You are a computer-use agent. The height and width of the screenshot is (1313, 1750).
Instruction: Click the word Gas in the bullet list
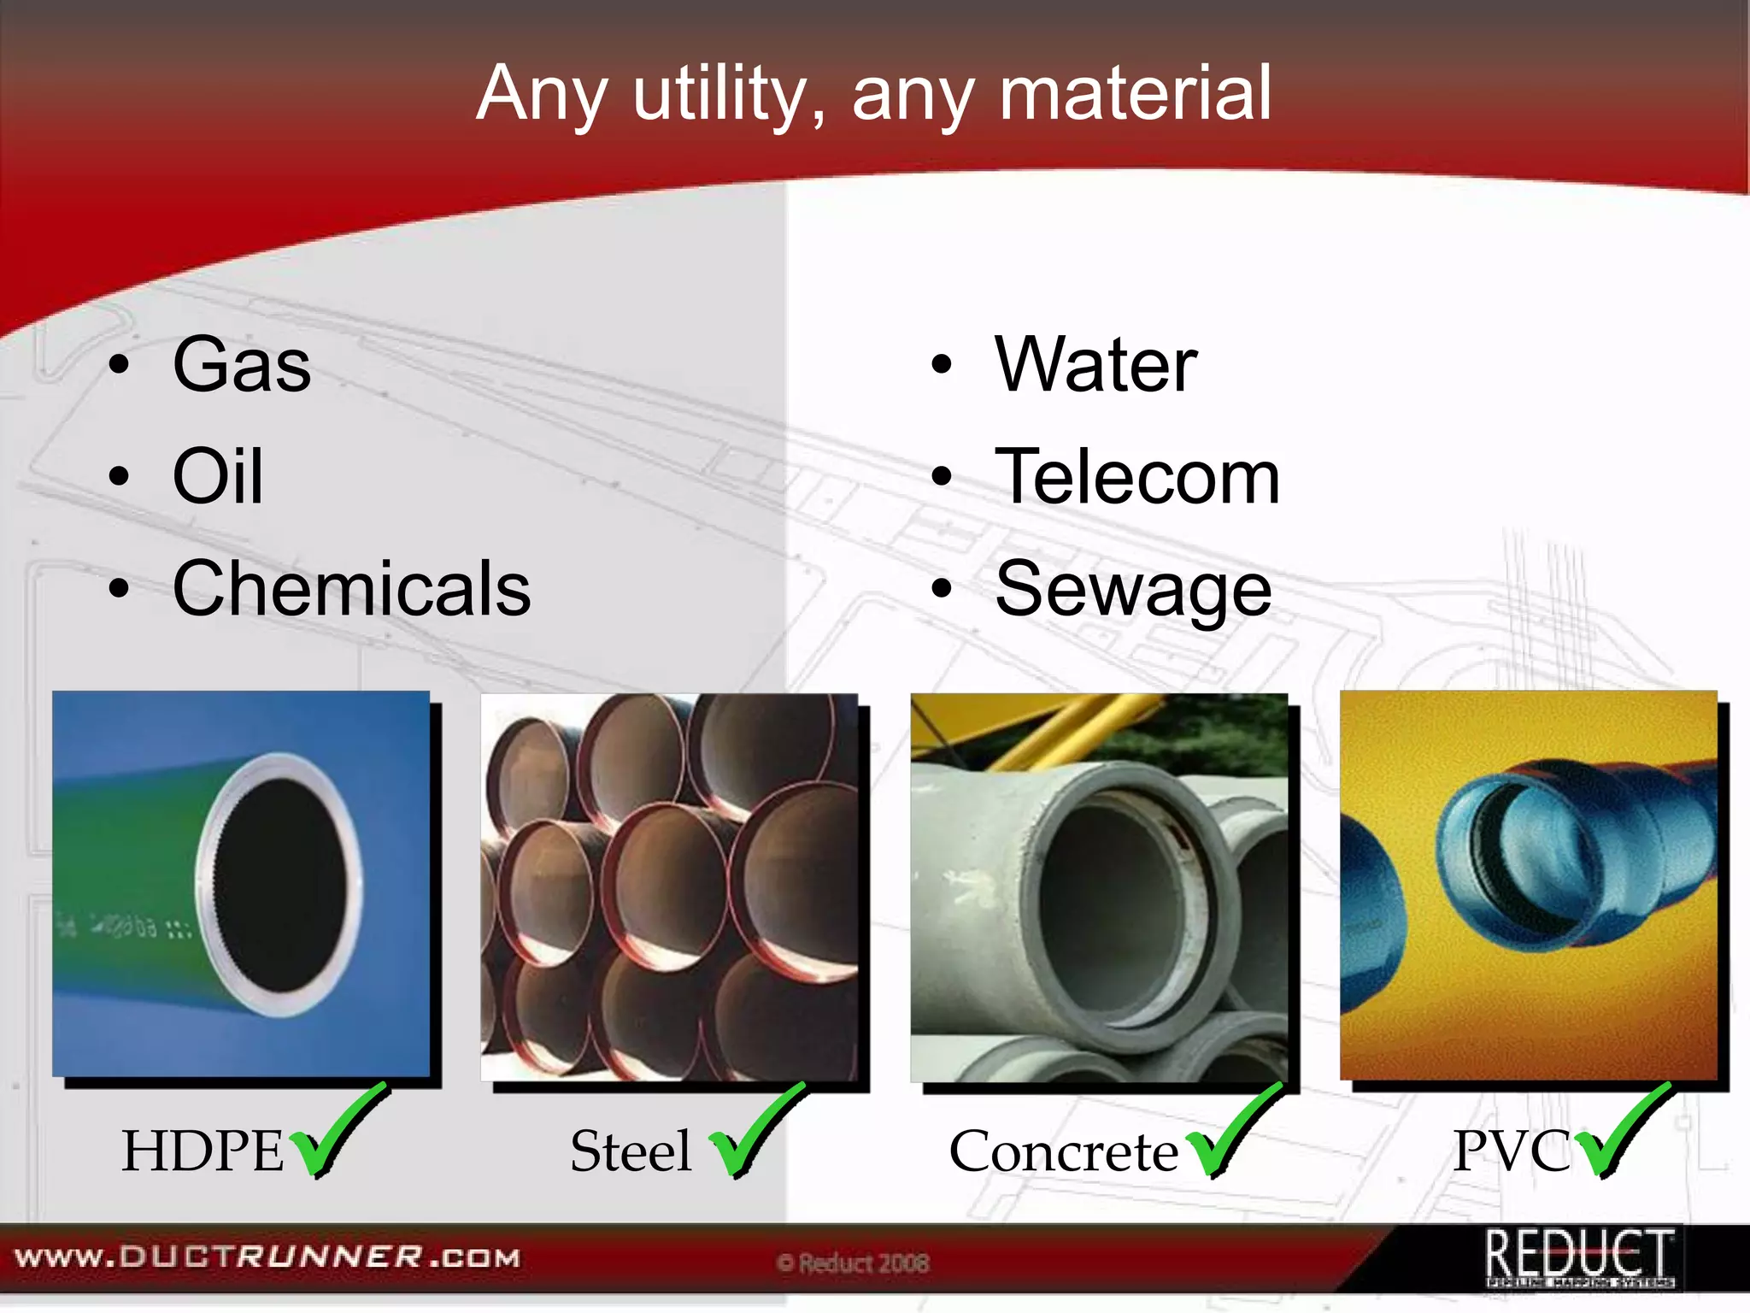click(x=242, y=366)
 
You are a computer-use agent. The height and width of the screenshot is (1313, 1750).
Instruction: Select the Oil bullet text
click(x=218, y=477)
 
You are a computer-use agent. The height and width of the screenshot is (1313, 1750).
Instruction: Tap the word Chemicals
click(x=351, y=589)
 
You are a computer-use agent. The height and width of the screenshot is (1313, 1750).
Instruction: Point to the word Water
click(x=1095, y=366)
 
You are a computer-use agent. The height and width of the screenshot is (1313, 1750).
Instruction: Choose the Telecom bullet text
click(x=1136, y=477)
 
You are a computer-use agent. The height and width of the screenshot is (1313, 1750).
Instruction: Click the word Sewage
click(x=1133, y=589)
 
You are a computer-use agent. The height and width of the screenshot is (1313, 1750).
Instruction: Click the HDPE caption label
click(x=203, y=1151)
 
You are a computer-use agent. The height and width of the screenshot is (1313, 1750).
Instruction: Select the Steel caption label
click(x=631, y=1151)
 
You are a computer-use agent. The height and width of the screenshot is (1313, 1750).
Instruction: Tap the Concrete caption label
click(x=1064, y=1151)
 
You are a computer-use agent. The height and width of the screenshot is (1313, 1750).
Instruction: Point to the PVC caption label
click(x=1512, y=1151)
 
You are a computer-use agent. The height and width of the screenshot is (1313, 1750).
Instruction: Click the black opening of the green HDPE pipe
click(x=280, y=885)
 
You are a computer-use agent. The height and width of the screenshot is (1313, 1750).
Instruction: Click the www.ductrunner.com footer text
click(x=267, y=1257)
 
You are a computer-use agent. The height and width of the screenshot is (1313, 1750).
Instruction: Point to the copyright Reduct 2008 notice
click(x=853, y=1263)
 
